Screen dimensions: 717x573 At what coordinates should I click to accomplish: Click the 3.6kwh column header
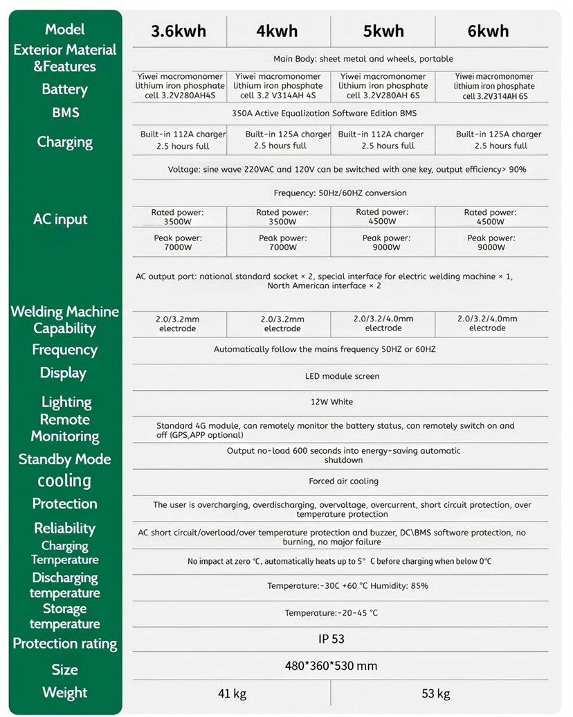tap(179, 31)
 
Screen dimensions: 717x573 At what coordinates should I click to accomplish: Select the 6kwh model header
tap(488, 31)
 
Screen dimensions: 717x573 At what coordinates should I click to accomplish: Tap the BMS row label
tap(65, 112)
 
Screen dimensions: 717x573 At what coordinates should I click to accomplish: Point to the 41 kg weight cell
tap(232, 693)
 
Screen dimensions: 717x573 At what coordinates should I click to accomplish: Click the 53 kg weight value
tap(436, 693)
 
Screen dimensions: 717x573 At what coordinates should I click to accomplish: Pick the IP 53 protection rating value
tap(329, 639)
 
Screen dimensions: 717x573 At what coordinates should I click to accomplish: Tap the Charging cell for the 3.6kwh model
tap(174, 140)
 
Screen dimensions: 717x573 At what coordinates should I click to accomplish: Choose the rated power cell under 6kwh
tap(490, 217)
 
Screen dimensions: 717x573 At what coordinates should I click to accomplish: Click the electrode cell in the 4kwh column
tap(282, 324)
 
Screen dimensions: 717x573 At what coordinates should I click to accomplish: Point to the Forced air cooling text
tap(343, 481)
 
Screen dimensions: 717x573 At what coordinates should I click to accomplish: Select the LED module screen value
tap(342, 376)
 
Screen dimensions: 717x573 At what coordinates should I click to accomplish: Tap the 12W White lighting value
tap(332, 402)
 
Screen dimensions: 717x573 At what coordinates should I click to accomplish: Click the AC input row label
tap(61, 220)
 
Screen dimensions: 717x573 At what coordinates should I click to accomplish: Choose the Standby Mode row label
tap(64, 459)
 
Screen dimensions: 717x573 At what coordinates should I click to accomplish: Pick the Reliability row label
tap(64, 528)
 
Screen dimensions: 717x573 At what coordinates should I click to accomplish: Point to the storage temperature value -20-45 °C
tap(331, 613)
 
